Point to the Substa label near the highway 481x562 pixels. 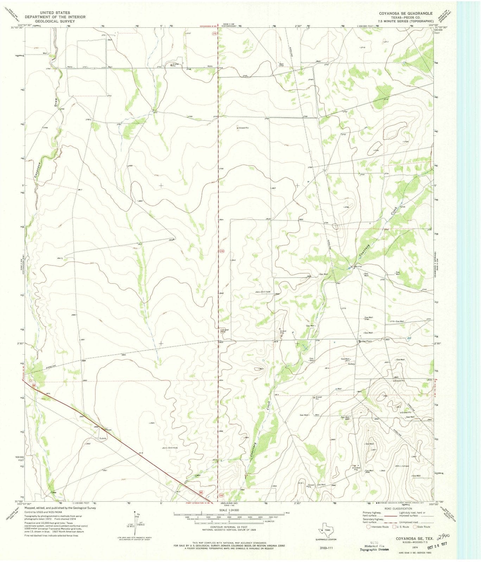tap(103, 439)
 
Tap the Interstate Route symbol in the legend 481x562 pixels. tap(368, 527)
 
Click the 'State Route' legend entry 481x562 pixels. tap(424, 527)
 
